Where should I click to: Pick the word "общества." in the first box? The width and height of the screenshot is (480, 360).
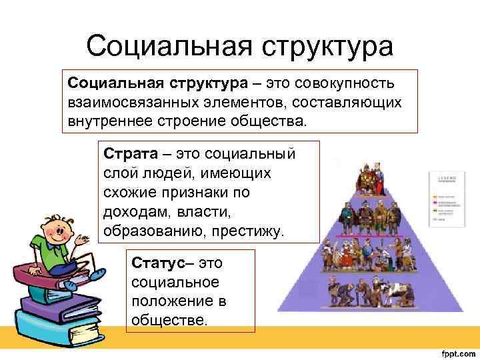pos(273,122)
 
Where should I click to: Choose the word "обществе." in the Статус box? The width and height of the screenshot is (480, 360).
pos(170,319)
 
